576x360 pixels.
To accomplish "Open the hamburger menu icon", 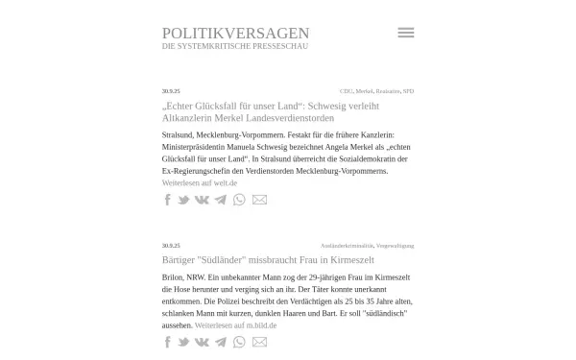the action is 405,33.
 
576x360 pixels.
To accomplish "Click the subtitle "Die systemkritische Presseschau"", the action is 235,46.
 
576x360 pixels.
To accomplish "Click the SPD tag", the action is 408,91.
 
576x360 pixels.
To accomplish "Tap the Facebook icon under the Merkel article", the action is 168,200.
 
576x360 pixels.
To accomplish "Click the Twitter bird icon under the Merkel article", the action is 183,200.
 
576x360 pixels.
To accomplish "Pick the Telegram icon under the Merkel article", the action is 221,200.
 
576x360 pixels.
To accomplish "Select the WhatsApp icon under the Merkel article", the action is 239,200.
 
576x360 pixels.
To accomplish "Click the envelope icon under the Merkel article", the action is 259,200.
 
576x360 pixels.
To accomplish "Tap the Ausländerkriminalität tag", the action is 347,246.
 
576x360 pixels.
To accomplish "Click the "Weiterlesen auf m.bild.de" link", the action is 235,325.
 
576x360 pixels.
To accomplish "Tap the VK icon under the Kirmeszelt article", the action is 202,343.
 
